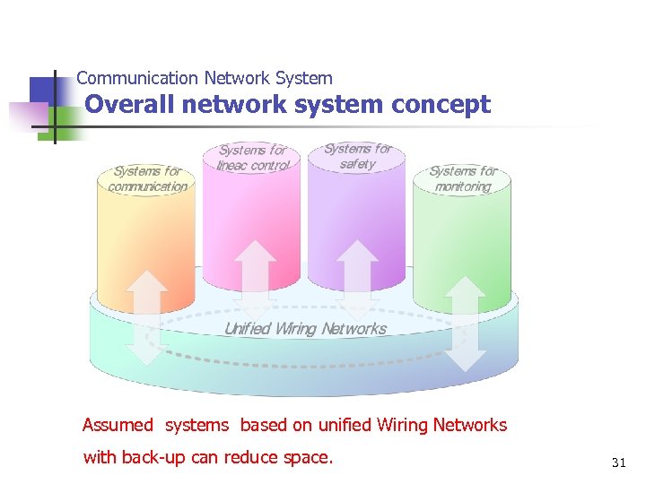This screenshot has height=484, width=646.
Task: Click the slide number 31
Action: (x=618, y=462)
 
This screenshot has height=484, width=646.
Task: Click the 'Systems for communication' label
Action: (x=148, y=178)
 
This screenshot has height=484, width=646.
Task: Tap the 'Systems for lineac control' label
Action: (x=253, y=158)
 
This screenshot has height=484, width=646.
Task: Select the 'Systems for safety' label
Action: (x=357, y=156)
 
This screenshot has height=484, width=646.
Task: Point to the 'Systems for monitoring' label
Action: (x=463, y=178)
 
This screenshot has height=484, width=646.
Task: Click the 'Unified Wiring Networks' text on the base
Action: (x=305, y=329)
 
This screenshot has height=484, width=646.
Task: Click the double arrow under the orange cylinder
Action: (x=146, y=317)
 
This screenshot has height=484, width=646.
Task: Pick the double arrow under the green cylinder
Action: (x=465, y=323)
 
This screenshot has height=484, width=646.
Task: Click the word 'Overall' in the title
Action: (x=129, y=105)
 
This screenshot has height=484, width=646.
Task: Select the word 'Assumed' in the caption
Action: (x=118, y=425)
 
